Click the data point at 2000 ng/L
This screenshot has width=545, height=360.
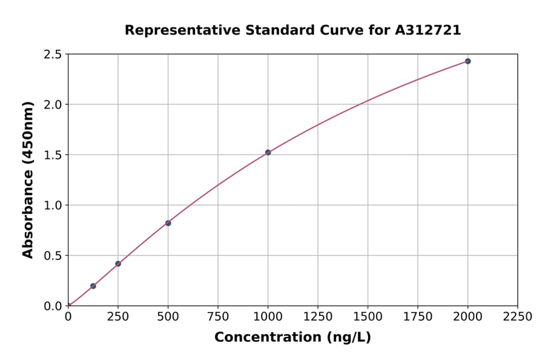467,61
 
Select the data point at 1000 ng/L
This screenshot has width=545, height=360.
268,152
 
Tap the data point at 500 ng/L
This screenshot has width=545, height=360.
168,223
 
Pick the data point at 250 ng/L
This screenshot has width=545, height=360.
118,264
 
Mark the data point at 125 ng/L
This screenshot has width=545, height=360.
93,286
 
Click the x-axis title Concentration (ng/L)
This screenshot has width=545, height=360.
292,338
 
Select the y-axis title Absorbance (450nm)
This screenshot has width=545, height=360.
28,179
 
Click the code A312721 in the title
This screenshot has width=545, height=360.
428,30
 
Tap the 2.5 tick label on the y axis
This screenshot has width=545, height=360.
53,55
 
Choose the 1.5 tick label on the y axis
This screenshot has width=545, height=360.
53,155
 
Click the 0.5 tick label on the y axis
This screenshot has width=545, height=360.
53,256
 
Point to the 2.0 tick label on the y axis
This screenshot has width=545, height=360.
53,105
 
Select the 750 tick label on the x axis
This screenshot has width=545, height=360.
218,317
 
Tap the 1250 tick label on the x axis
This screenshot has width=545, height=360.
318,317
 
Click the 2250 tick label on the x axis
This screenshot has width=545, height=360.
518,317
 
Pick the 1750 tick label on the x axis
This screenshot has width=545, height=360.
418,317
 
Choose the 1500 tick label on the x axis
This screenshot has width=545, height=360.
368,317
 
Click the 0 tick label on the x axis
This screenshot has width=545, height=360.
68,317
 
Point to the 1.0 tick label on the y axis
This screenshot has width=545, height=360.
53,205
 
